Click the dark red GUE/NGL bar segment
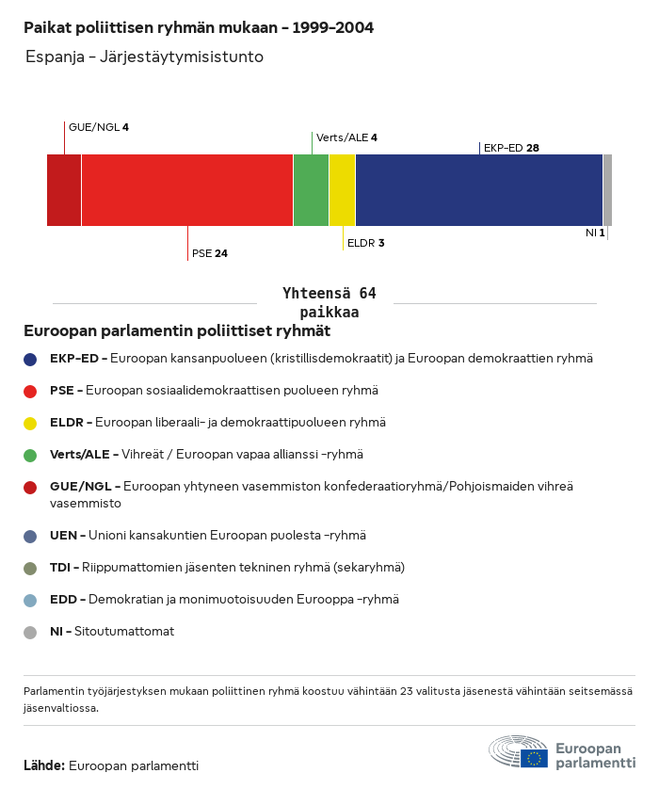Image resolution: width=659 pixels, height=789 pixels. click(64, 190)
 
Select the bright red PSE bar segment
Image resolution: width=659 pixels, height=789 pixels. click(187, 190)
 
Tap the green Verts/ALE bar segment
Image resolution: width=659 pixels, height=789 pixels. click(311, 190)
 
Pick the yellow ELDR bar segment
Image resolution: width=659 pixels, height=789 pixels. click(342, 190)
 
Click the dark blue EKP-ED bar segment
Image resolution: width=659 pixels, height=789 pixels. click(479, 190)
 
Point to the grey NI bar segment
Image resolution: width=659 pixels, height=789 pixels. click(607, 190)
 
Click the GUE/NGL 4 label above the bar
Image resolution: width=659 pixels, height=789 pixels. click(98, 127)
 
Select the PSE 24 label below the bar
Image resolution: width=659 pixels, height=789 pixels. click(209, 253)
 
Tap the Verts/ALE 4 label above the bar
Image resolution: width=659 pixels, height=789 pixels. click(346, 137)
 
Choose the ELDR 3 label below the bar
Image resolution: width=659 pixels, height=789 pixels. click(365, 243)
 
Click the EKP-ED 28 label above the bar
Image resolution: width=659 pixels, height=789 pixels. click(510, 148)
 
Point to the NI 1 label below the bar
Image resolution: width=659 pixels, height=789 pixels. click(594, 233)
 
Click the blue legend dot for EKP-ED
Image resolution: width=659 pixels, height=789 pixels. click(30, 359)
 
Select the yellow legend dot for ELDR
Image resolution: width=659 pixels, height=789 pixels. click(30, 423)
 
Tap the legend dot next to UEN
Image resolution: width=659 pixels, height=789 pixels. click(30, 536)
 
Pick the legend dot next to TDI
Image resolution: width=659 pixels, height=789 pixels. click(30, 568)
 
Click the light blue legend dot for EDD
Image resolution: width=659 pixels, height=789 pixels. click(30, 600)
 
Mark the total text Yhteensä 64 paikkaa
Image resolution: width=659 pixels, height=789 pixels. click(329, 303)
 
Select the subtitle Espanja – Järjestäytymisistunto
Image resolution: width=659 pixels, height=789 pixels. click(144, 56)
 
